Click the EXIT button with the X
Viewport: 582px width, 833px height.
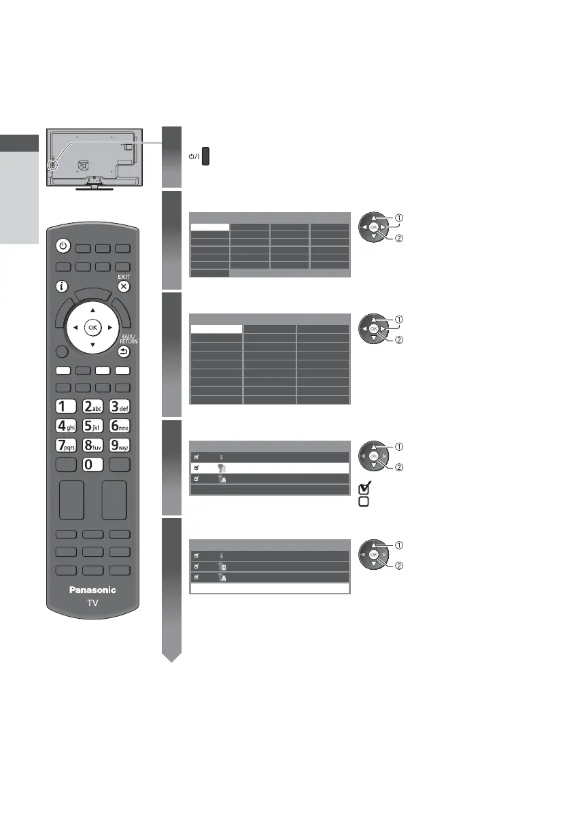click(123, 287)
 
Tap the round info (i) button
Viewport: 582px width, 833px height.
click(61, 287)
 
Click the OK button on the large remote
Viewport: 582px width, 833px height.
click(92, 327)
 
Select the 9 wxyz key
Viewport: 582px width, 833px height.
click(120, 447)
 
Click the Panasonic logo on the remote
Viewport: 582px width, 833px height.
click(92, 590)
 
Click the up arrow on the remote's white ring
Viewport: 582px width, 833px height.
click(92, 310)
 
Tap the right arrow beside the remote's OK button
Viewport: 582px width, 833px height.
click(109, 327)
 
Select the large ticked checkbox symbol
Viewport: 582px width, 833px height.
click(364, 489)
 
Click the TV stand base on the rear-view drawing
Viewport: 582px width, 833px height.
click(94, 188)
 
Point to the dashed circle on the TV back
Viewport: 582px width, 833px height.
click(53, 166)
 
